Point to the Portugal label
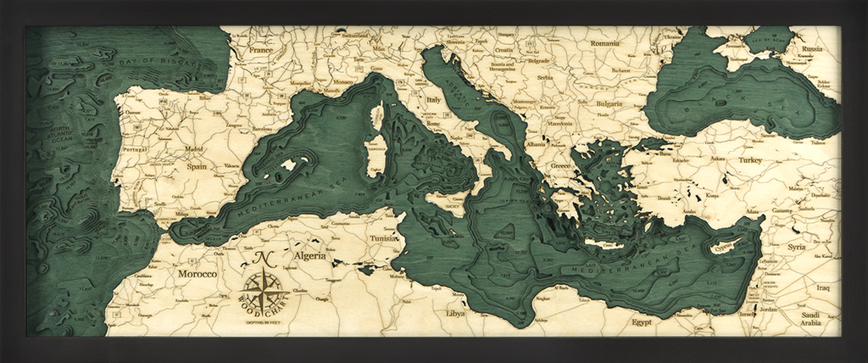point(135,150)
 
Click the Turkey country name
point(750,159)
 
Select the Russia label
point(811,49)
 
